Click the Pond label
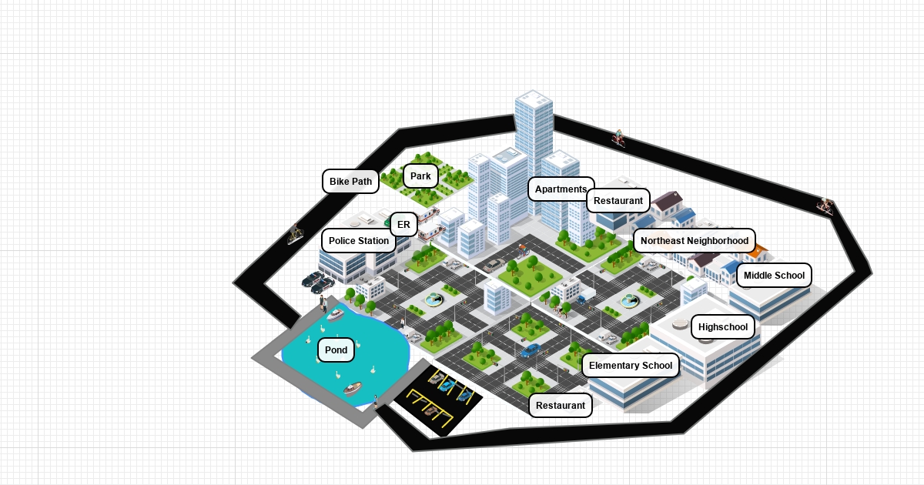click(336, 350)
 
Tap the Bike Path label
click(350, 182)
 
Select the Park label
click(420, 176)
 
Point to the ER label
click(403, 225)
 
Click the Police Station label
click(359, 241)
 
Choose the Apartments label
click(561, 189)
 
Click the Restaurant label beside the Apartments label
click(618, 201)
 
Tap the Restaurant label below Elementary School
click(561, 406)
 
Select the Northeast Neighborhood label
click(694, 241)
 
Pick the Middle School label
click(774, 276)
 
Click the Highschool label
click(723, 327)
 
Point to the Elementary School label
click(631, 366)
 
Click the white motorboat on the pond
click(335, 314)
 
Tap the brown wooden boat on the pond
click(352, 388)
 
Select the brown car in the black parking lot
click(431, 411)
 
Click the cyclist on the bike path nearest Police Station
click(296, 235)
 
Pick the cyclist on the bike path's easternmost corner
click(825, 206)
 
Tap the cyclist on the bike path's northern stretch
click(618, 139)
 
